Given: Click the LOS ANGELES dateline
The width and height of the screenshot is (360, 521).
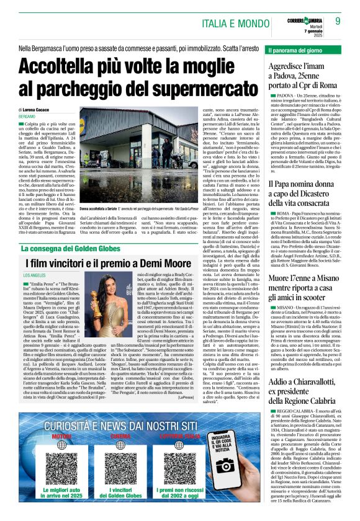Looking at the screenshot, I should pos(38,275).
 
